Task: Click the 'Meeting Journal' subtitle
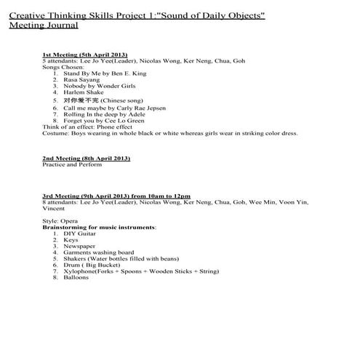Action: pos(43,25)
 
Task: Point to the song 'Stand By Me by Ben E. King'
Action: pos(95,73)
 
